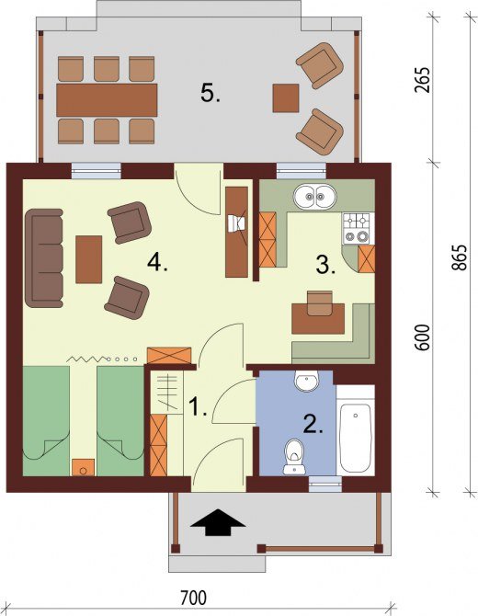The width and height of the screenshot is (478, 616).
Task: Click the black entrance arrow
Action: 217,522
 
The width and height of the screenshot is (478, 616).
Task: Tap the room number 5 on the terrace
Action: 211,94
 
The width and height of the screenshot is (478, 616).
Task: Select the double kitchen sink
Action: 315,196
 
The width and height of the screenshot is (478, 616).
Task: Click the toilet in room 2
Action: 295,457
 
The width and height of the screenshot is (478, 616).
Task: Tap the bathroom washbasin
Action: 307,381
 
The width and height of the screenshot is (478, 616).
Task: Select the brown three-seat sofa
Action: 44,257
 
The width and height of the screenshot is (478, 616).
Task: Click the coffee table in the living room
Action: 89,259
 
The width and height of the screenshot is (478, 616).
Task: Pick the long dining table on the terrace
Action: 107,100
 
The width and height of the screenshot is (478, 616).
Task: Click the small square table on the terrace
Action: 286,98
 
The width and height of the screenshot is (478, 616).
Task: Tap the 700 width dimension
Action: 193,599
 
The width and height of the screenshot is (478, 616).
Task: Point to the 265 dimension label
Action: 423,80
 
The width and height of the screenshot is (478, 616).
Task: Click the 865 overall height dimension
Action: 459,257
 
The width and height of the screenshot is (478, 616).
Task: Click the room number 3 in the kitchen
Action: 325,265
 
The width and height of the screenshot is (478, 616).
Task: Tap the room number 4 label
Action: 157,262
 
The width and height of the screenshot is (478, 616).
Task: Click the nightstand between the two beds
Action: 83,467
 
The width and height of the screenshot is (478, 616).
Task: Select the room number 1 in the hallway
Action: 198,406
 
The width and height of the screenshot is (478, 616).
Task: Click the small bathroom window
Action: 324,484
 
